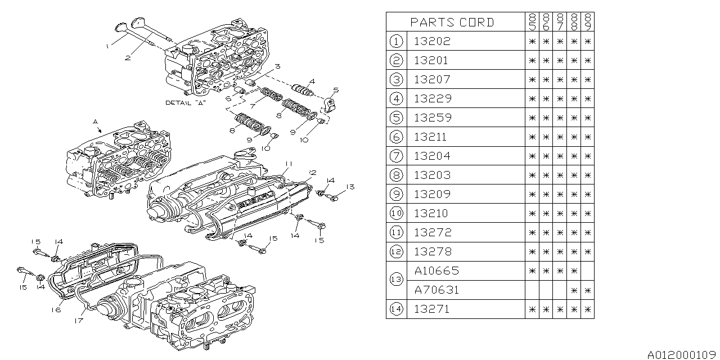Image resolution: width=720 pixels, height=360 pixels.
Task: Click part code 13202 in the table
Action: (x=432, y=41)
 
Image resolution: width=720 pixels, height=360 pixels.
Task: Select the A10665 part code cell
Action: (x=436, y=271)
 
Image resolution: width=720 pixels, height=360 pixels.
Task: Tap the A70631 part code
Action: (x=436, y=290)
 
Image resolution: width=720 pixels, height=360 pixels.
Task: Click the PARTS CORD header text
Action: (x=452, y=22)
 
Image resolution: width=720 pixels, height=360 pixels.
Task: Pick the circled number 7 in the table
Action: (x=396, y=156)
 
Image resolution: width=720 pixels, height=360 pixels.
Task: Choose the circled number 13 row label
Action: (x=396, y=280)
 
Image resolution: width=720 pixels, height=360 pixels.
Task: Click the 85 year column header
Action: (x=532, y=22)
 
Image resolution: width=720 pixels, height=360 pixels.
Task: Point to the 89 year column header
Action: (x=588, y=22)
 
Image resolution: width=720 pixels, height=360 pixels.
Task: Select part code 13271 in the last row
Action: (x=432, y=309)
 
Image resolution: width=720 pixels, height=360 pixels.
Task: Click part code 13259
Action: (x=432, y=118)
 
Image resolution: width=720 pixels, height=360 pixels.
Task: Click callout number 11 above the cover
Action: (x=287, y=163)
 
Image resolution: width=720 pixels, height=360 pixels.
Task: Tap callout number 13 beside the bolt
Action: (x=349, y=187)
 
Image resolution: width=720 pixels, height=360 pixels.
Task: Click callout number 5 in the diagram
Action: (x=335, y=90)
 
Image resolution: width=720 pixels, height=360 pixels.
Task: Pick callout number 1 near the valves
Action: (x=107, y=47)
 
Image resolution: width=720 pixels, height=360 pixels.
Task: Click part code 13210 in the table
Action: (x=432, y=213)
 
